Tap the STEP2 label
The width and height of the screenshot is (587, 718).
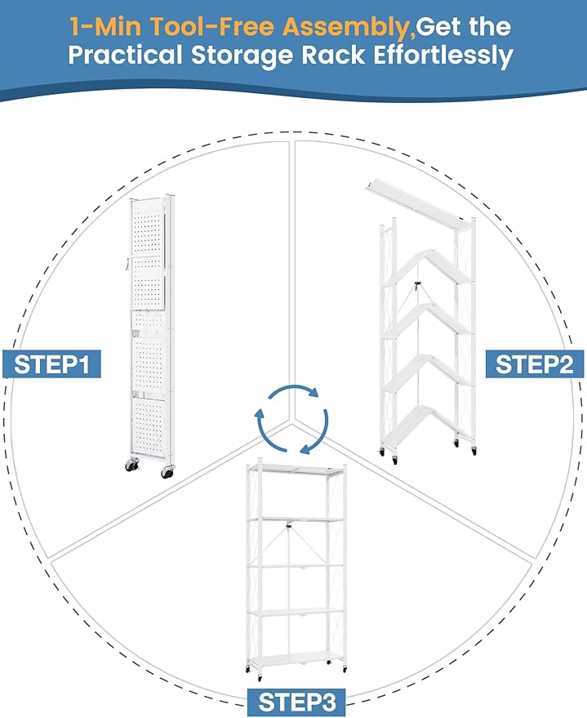coord(536,363)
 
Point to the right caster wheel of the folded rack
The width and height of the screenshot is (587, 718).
coord(167,471)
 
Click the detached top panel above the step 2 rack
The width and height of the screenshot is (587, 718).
coord(416,198)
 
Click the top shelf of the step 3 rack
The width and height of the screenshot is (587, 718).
coord(297,473)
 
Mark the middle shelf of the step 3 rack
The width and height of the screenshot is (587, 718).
coord(297,564)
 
